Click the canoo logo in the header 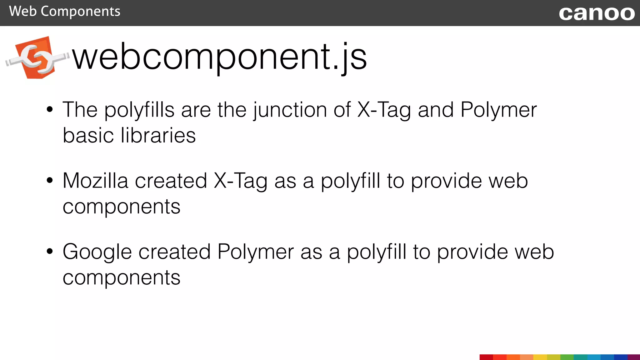point(597,13)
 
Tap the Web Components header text point(65,12)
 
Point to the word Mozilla point(95,181)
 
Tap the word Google point(97,252)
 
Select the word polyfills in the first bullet point(139,110)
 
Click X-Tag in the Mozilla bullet point(240,181)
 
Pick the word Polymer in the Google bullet point(255,252)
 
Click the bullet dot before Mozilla point(50,180)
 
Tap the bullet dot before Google point(50,251)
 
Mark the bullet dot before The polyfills point(50,109)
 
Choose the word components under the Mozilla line point(121,207)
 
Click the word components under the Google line point(121,278)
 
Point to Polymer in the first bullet point(498,110)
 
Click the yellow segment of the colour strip point(540,357)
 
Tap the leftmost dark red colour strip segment point(486,357)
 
